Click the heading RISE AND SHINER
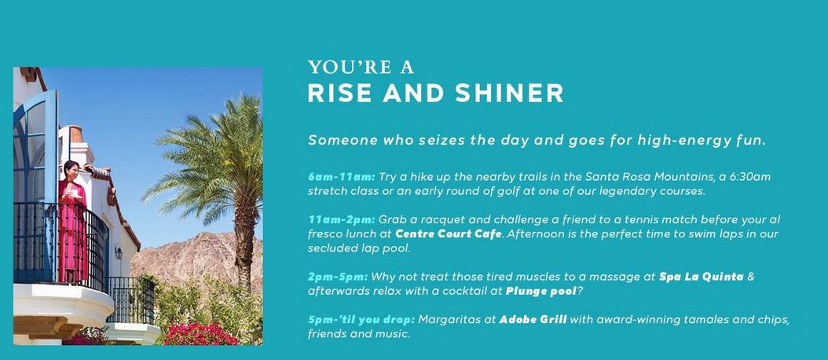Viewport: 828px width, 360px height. [x=436, y=93]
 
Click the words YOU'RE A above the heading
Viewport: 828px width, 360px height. [x=361, y=67]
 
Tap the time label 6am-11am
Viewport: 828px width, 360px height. [x=341, y=177]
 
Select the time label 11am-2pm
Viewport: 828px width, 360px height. [x=341, y=219]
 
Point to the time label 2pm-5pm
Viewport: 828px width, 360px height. [x=338, y=277]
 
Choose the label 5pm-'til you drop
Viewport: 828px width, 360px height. [x=361, y=320]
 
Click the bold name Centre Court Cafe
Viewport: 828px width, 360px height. [x=449, y=233]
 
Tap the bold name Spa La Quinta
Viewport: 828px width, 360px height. [x=702, y=277]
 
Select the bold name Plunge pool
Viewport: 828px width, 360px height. [x=540, y=292]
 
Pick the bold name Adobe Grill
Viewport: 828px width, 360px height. [x=533, y=320]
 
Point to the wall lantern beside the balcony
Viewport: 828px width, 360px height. [x=119, y=252]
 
